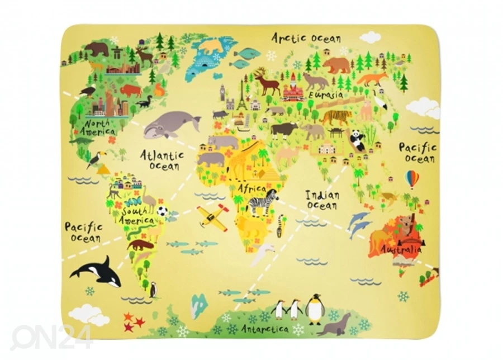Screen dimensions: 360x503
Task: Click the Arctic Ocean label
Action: pos(306,38)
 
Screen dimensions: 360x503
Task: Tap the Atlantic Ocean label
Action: pos(161,159)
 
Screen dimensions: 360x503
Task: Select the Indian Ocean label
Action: pos(322,200)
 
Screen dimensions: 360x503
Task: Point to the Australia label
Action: pos(401,249)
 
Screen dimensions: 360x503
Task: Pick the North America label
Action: pos(97,127)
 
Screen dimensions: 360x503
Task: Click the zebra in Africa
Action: pos(263,202)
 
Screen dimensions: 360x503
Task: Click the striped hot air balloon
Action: pos(412,179)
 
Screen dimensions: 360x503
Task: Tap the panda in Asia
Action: pos(358,140)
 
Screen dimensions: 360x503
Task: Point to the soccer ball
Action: pos(162,211)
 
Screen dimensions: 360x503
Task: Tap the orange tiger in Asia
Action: pos(336,117)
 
